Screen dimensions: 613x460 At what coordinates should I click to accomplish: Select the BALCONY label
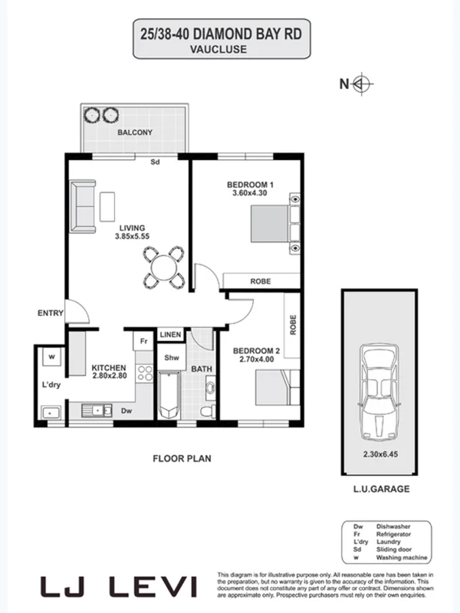(x=135, y=133)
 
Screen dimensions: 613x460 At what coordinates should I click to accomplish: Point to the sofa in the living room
(x=82, y=206)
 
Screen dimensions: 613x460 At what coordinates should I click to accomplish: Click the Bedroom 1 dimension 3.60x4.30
(x=250, y=194)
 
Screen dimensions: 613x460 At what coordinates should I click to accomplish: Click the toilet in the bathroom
(x=206, y=412)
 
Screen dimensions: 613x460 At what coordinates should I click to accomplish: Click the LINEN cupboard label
(x=170, y=335)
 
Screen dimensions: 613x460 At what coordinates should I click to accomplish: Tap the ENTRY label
(x=50, y=313)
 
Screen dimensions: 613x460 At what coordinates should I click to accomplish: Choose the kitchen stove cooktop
(x=144, y=373)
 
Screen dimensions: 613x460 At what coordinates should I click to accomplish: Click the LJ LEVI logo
(x=120, y=588)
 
